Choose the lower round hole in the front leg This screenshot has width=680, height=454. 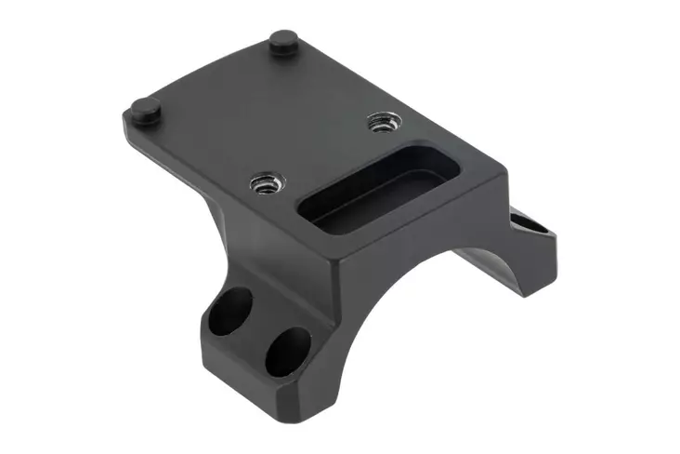click(x=287, y=349)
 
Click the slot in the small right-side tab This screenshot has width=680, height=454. click(x=527, y=222)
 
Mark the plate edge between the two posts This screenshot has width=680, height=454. click(x=209, y=70)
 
